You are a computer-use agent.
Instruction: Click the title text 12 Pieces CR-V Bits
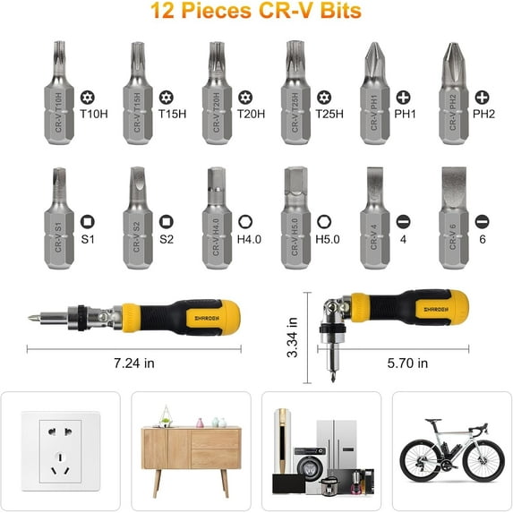coord(256,13)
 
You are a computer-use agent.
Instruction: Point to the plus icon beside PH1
coord(404,96)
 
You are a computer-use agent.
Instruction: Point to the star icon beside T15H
coord(166,96)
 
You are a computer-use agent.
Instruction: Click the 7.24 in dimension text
coord(135,363)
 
